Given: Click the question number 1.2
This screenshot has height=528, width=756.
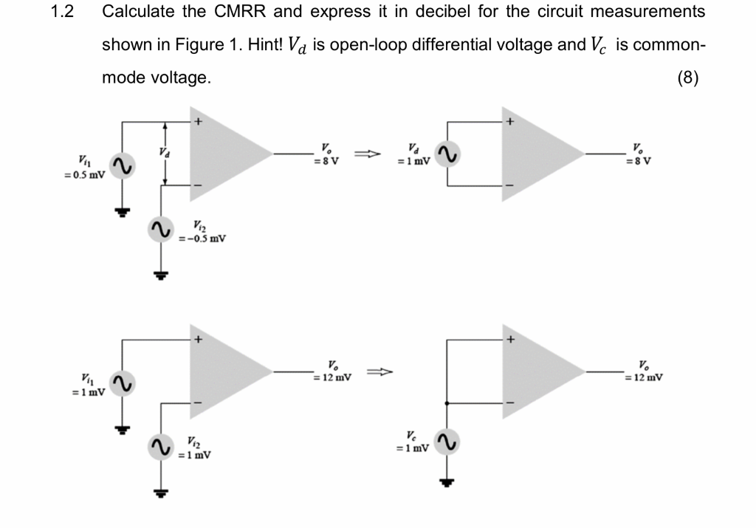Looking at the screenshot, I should [x=64, y=12].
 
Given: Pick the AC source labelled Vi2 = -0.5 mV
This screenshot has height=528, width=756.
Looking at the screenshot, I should [x=159, y=228].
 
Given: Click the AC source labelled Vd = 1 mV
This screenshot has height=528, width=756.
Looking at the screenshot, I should [x=447, y=154].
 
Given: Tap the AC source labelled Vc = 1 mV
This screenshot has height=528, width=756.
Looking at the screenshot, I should [x=447, y=442].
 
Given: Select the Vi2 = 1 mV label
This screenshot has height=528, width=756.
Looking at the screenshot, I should [x=193, y=448].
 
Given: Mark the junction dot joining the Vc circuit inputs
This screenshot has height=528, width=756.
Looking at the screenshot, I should [x=447, y=402].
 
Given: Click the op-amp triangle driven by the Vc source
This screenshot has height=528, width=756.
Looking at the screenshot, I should [x=540, y=371].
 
